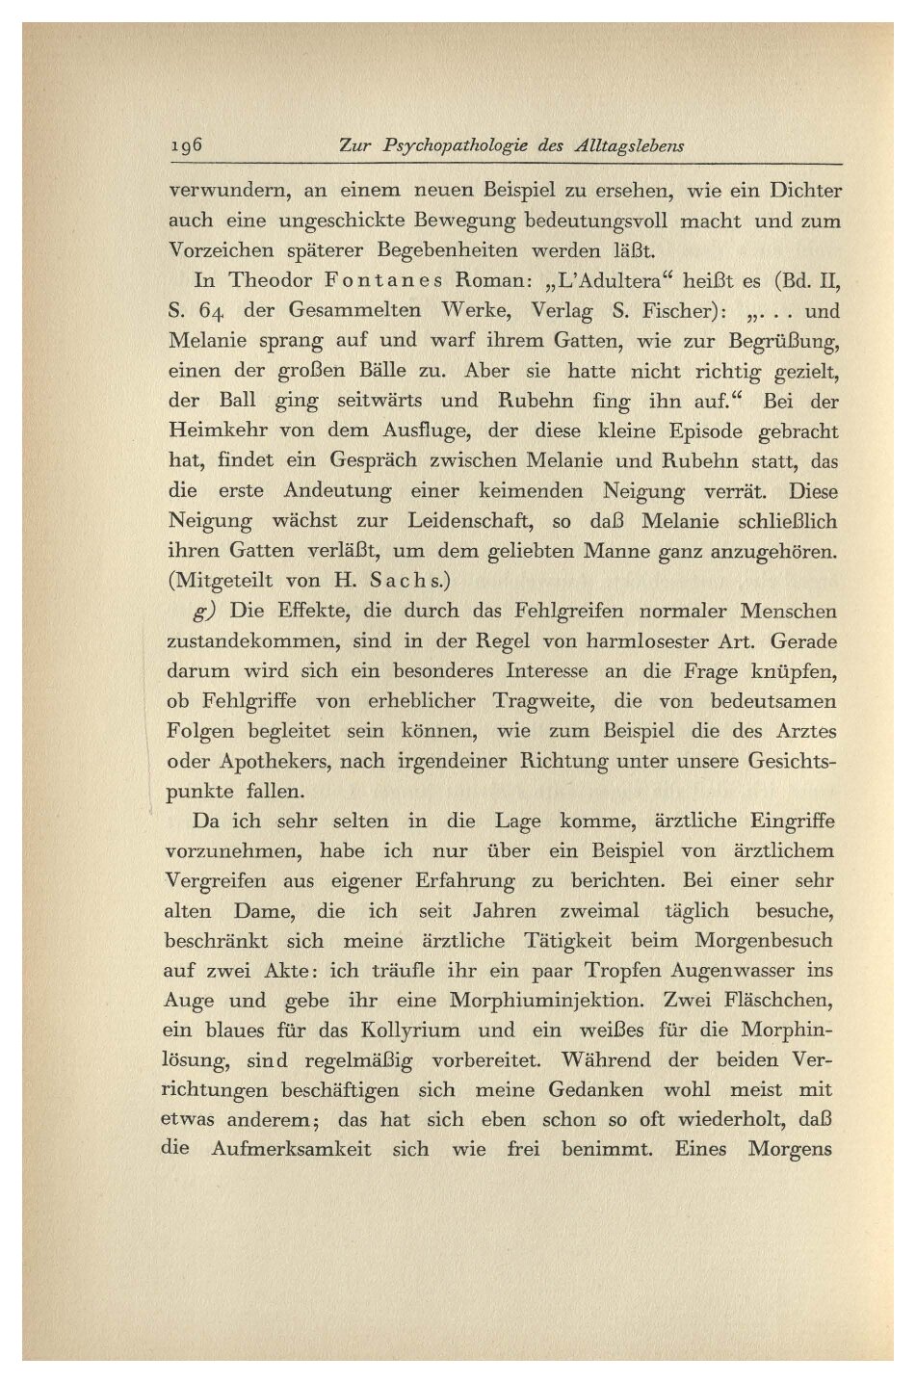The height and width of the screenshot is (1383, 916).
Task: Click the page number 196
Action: tap(182, 145)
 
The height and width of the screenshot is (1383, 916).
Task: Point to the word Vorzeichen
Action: tap(220, 251)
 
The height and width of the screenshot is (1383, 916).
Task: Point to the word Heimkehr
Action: tap(211, 431)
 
